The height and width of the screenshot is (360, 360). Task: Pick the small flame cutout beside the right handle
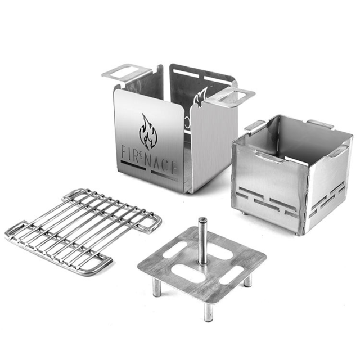pos(200,97)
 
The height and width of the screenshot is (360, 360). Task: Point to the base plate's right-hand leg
pos(248,280)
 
